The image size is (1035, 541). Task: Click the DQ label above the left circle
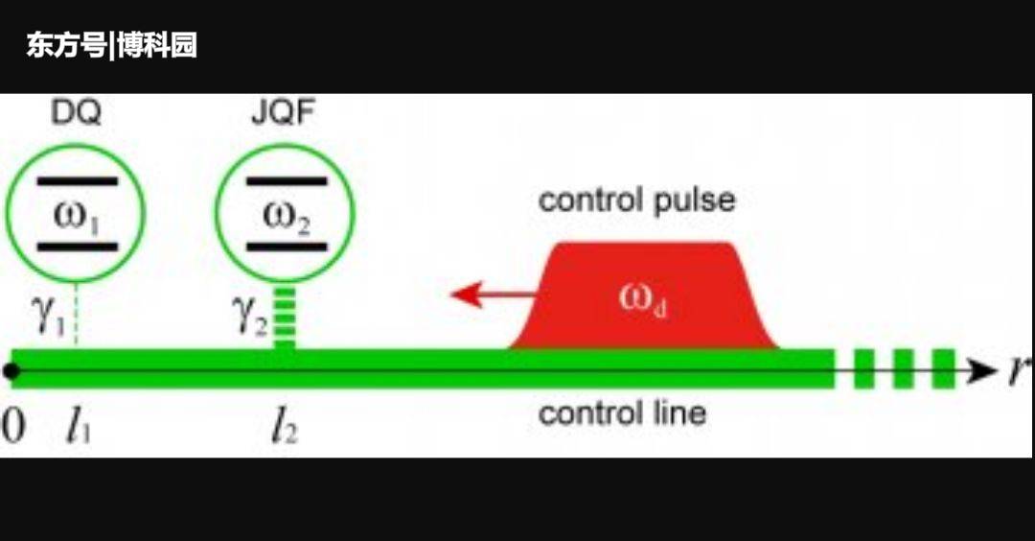coord(76,113)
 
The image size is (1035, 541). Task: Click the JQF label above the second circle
coord(285,113)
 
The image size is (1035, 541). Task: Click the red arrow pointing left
coord(489,294)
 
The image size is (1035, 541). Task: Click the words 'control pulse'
coord(636,200)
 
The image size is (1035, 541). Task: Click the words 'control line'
coord(622,413)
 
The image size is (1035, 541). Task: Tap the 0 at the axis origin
coord(12,428)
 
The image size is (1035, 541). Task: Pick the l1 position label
coord(79,428)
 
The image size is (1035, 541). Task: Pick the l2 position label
coord(283,428)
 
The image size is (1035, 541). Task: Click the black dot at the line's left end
coord(11,370)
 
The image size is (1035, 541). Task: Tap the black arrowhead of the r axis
coord(982,370)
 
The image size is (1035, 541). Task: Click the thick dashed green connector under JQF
coord(285,317)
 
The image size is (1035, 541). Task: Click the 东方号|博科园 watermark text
coord(111,45)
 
